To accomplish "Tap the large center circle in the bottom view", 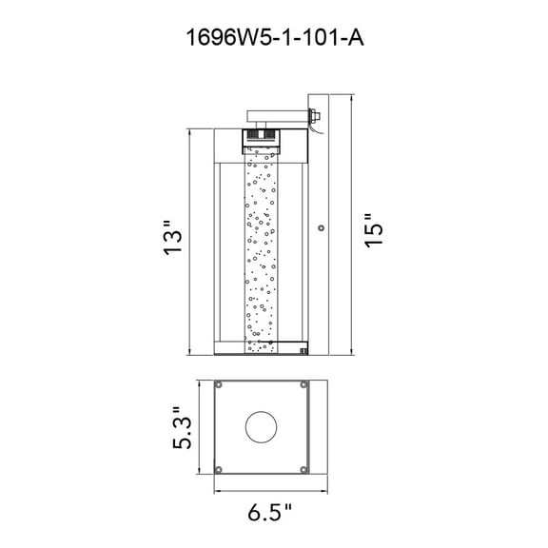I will coord(261,429).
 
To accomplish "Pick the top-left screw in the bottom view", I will coord(219,386).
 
